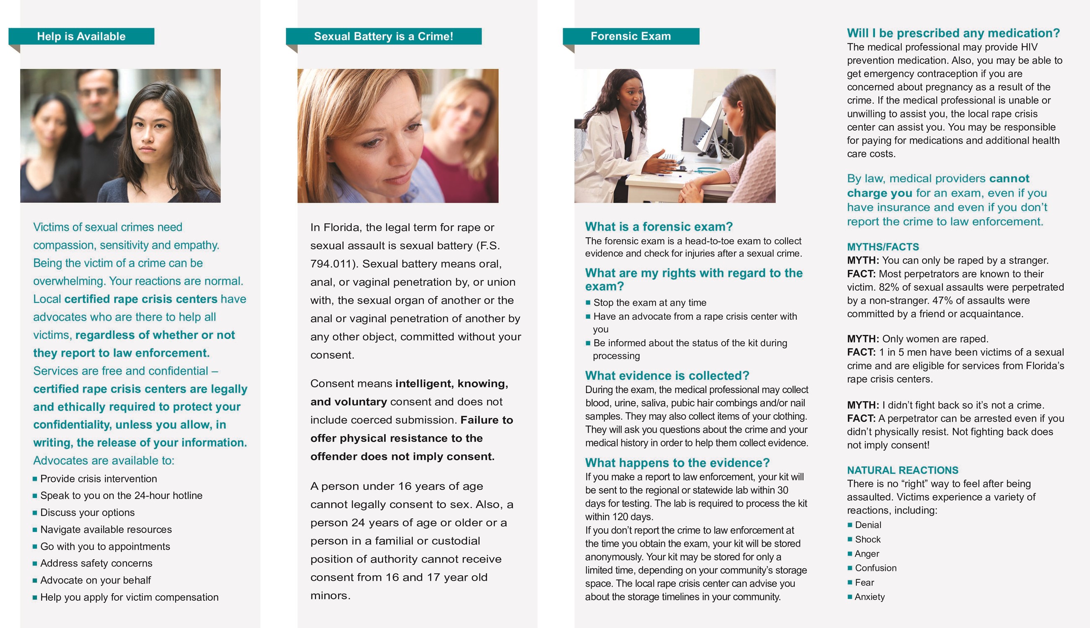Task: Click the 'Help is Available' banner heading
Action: [x=81, y=36]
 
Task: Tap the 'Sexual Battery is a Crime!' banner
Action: [x=383, y=36]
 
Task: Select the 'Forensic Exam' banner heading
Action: [x=630, y=36]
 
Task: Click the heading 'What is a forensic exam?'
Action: [x=659, y=227]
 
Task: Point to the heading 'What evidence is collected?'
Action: [x=667, y=376]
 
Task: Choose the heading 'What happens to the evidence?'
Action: [x=677, y=463]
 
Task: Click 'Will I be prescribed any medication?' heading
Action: [x=953, y=33]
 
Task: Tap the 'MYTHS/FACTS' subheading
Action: [x=882, y=247]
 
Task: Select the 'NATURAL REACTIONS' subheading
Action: [x=902, y=470]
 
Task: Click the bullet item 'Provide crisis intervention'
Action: [x=99, y=479]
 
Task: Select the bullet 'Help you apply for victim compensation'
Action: [x=129, y=597]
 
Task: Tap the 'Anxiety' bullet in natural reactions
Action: [x=869, y=597]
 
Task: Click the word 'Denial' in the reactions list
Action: [x=868, y=525]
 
